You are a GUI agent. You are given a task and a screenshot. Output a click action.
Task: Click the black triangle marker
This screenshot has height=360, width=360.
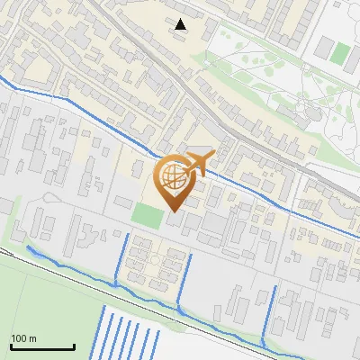click(x=181, y=24)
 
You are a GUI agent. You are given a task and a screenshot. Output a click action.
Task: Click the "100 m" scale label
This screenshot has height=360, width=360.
click(x=23, y=338)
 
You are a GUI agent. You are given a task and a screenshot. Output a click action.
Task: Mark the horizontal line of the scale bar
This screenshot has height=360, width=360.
click(x=41, y=346)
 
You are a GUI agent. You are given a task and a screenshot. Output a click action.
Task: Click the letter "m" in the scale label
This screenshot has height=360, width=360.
click(x=32, y=338)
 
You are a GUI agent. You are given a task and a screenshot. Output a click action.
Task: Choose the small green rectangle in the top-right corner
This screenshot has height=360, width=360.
click(x=339, y=53)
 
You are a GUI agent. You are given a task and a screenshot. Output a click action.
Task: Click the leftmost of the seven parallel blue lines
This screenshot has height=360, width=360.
click(x=99, y=333)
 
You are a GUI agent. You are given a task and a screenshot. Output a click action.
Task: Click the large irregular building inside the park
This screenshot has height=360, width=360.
click(x=315, y=112)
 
